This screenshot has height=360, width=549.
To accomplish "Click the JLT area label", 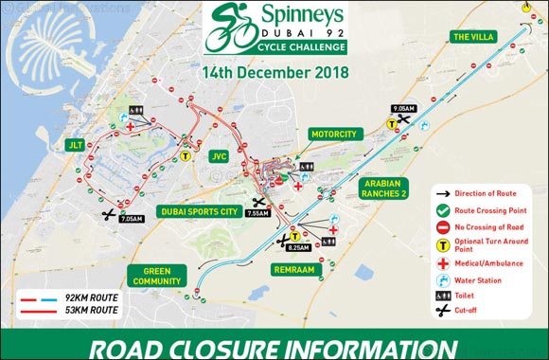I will coord(76,144).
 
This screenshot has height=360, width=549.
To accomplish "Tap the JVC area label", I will coord(220,156).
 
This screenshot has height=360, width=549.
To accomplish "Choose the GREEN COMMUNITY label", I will coord(156,275).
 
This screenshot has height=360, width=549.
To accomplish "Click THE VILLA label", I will coord(474,38).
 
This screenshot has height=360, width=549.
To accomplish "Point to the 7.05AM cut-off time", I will coord(133,219).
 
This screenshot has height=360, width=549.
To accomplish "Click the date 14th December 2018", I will coord(274,71).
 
